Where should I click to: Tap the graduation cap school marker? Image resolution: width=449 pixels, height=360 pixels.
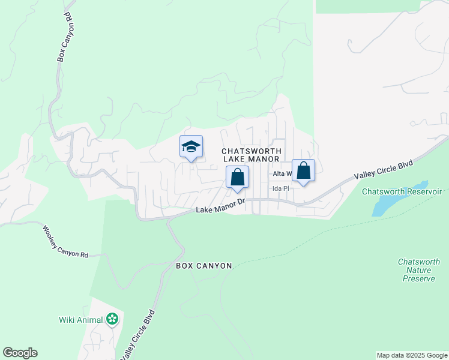coord(191,147)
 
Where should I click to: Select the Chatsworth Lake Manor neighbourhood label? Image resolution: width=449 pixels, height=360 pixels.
coord(251,155)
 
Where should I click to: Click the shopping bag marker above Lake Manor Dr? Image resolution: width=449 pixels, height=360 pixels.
coord(237,178)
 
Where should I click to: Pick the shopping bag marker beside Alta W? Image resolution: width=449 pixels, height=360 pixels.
coord(304,171)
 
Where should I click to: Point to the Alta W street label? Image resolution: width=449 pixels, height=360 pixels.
coord(282,174)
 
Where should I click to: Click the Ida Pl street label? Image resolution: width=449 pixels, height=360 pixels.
coord(281,188)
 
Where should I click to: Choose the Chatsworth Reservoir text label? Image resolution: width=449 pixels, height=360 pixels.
coord(402,191)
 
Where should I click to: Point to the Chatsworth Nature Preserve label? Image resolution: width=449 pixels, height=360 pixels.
coord(418,270)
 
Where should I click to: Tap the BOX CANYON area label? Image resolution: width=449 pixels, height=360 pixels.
coord(203,265)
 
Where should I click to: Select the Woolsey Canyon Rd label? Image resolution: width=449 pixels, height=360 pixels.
coord(65,241)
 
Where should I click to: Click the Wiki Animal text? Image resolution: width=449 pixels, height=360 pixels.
coord(81,319)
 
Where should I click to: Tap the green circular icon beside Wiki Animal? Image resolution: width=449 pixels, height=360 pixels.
coord(112,319)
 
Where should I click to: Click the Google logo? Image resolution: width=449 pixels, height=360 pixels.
coord(20,353)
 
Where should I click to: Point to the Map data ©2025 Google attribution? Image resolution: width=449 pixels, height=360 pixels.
coord(412,355)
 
